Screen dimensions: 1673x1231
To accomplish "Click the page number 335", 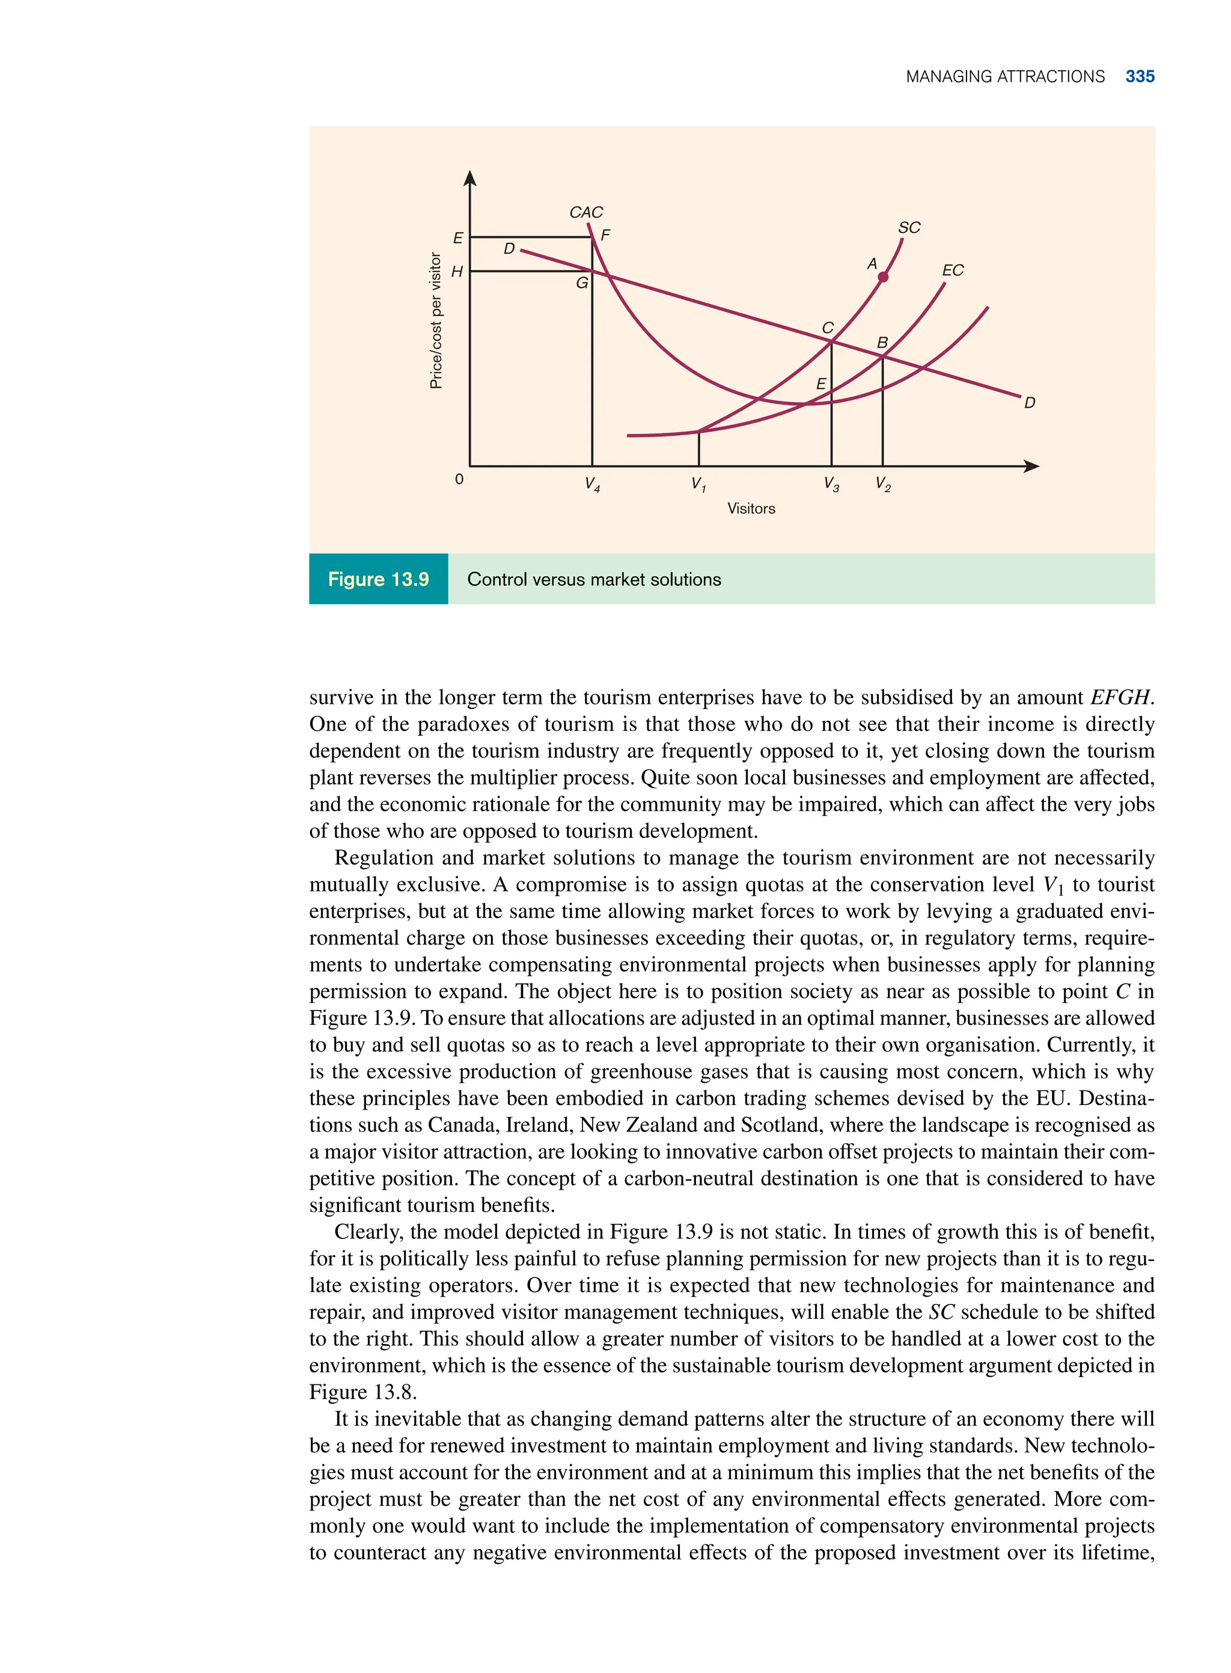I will point(1140,77).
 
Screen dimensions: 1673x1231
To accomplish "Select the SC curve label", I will point(908,227).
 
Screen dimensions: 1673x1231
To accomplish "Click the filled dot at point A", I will point(883,277).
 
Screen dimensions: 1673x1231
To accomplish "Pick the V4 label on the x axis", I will point(593,485).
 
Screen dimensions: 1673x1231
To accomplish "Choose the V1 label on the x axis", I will point(698,485).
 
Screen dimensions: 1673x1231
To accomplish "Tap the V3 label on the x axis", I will point(831,485).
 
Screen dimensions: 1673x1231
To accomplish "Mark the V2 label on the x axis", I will point(882,485).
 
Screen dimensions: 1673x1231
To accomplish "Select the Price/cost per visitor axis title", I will point(436,320).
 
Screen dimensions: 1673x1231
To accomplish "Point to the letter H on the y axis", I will point(457,272).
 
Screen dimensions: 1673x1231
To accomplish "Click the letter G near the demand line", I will point(582,283).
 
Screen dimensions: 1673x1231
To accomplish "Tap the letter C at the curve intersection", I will point(827,328).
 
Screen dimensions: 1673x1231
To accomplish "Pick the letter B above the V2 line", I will point(882,343).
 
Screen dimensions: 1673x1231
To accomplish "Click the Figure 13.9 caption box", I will point(379,579).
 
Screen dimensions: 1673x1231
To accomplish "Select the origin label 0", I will point(459,479).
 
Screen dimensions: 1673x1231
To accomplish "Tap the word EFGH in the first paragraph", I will point(1120,697).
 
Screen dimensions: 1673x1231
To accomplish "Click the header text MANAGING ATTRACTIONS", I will point(1004,77).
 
